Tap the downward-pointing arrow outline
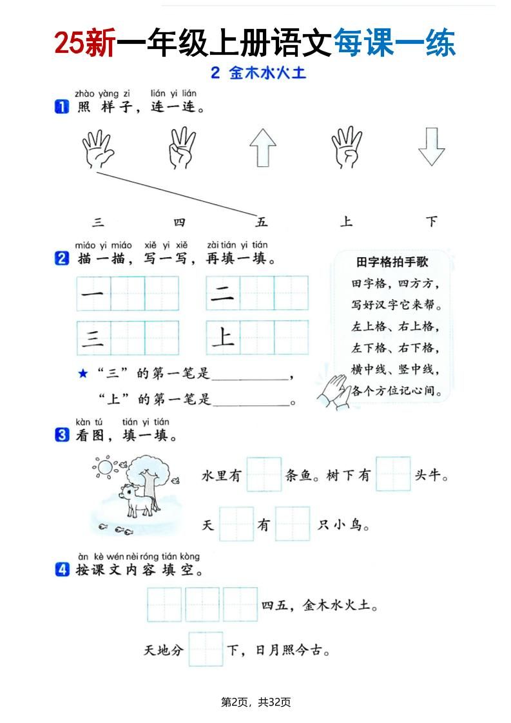pyautogui.click(x=431, y=147)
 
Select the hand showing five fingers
pyautogui.click(x=97, y=148)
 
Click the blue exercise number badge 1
pyautogui.click(x=62, y=108)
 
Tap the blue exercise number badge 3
pyautogui.click(x=62, y=436)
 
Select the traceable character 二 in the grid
pyautogui.click(x=223, y=293)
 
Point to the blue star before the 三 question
pyautogui.click(x=82, y=373)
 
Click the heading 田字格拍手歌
pyautogui.click(x=392, y=262)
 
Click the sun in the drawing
pyautogui.click(x=103, y=465)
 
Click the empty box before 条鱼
pyautogui.click(x=264, y=475)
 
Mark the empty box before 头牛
pyautogui.click(x=393, y=475)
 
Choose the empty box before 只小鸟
pyautogui.click(x=293, y=524)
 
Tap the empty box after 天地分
pyautogui.click(x=206, y=649)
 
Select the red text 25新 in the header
pyautogui.click(x=84, y=44)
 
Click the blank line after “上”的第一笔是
pyautogui.click(x=251, y=401)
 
